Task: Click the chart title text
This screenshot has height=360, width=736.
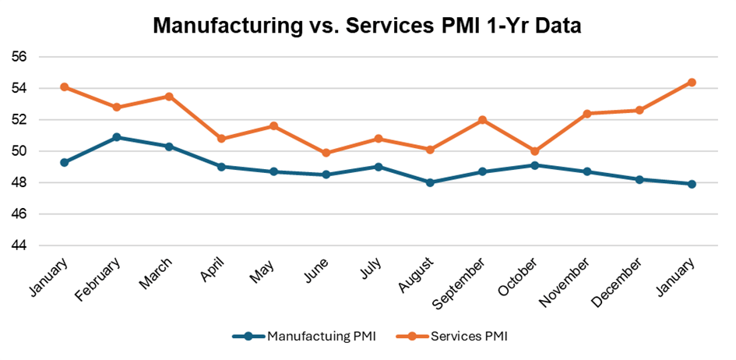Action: (x=368, y=25)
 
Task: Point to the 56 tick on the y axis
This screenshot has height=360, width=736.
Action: (x=19, y=57)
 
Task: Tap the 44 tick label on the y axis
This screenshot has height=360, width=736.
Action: (x=19, y=245)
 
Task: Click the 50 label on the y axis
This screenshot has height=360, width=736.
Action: (x=19, y=151)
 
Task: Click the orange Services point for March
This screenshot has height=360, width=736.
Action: (x=169, y=97)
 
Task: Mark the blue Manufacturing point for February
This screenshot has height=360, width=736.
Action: (x=117, y=137)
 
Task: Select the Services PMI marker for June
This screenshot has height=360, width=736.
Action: (x=326, y=153)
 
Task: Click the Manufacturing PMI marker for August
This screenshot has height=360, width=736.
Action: (x=430, y=182)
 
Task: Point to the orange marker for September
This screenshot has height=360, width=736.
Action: (x=482, y=120)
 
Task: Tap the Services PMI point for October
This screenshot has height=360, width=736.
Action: (x=534, y=151)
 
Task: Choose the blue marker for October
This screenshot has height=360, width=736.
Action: (x=534, y=165)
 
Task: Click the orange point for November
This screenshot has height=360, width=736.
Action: (x=586, y=114)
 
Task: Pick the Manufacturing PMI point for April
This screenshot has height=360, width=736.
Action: (x=221, y=167)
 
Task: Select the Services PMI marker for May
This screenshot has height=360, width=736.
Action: (x=273, y=126)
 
